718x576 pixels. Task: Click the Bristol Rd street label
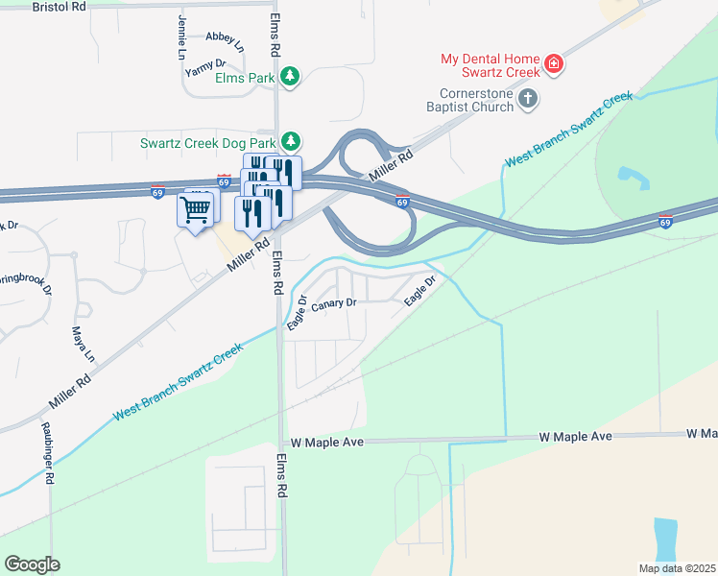(59, 6)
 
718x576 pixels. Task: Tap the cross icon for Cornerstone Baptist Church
(527, 98)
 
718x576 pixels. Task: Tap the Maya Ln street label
(83, 344)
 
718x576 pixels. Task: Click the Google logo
(32, 564)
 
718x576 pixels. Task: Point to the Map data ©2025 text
(676, 568)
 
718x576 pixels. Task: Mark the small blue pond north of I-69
(630, 176)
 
